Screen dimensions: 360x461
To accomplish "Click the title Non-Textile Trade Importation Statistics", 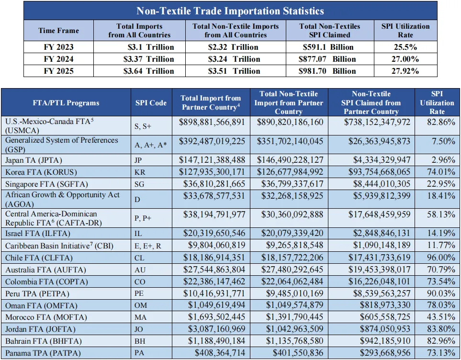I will coord(230,11).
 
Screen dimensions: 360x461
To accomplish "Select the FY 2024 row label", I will coord(58,59).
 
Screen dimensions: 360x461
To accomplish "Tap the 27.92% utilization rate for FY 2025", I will coord(405,71).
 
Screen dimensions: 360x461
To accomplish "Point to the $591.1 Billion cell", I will coord(328,47).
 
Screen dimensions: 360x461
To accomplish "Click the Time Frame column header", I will coord(58,31).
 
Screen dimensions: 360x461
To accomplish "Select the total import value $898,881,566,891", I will coord(212,122).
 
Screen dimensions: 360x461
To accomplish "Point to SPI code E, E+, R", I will coord(150,246).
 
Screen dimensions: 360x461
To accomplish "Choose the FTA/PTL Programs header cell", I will coord(66,103).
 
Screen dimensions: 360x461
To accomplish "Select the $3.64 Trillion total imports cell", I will coord(147,71).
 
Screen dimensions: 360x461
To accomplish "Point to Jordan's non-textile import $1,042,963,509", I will coord(292,329).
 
